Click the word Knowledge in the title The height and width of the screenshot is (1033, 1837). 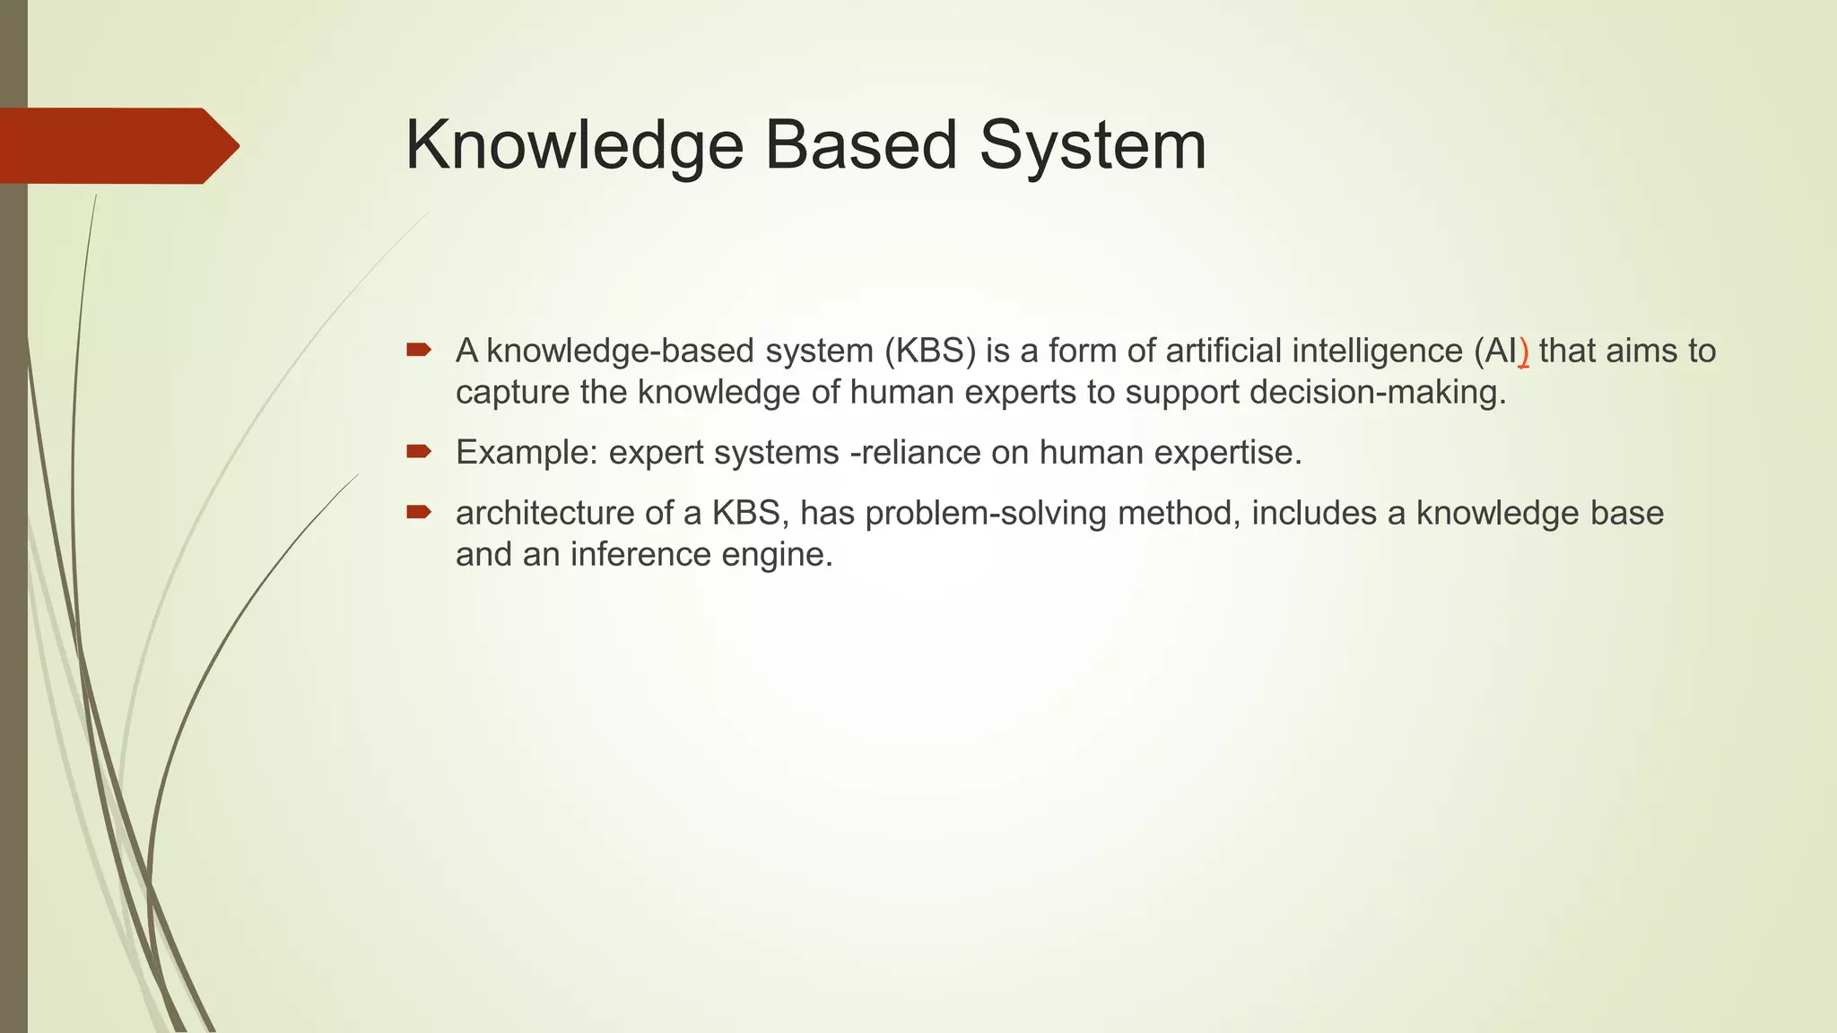point(574,145)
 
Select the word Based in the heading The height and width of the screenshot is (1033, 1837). point(861,145)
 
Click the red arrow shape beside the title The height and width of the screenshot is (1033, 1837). point(117,145)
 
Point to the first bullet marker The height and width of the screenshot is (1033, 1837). point(419,350)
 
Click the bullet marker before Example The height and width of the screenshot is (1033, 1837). point(419,451)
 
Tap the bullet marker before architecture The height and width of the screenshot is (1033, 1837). point(419,512)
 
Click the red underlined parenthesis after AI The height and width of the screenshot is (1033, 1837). point(1523,352)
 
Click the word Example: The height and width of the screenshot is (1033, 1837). point(527,452)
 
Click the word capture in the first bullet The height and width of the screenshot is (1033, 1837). point(512,393)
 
